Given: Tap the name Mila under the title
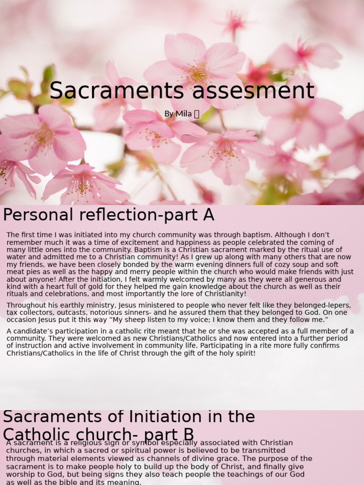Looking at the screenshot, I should tap(184, 114).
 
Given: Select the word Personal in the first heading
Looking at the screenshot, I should tap(34, 215).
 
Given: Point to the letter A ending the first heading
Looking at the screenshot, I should tap(209, 215).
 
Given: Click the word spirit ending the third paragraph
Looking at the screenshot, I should tap(244, 353).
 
